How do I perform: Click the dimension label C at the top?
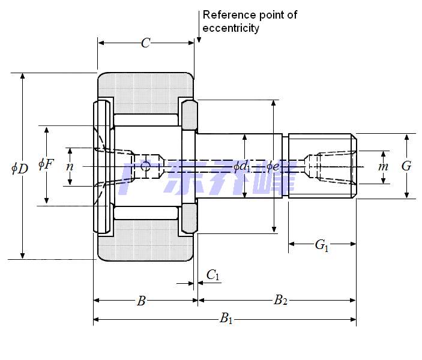click(x=145, y=43)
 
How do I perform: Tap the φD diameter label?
click(x=20, y=167)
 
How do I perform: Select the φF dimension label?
click(x=46, y=163)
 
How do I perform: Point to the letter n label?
click(x=70, y=166)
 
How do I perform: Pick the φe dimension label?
click(x=273, y=166)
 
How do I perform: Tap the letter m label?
click(x=383, y=166)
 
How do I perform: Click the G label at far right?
click(x=406, y=166)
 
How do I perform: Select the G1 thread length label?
click(x=322, y=245)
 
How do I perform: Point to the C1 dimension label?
click(x=213, y=275)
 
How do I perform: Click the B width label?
click(x=141, y=301)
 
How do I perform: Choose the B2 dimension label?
click(x=280, y=301)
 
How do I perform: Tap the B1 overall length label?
click(x=226, y=319)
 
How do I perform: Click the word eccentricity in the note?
click(x=231, y=28)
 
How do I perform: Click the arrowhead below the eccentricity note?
click(x=199, y=39)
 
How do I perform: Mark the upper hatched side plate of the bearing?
click(x=189, y=114)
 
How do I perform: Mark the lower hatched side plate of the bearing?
click(x=189, y=218)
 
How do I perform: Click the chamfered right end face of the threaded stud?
click(x=354, y=166)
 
